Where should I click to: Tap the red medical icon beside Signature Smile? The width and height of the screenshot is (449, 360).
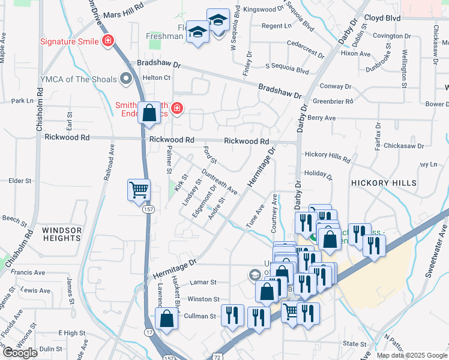pyautogui.click(x=108, y=41)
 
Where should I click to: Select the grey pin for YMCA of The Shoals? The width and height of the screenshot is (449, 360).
pyautogui.click(x=125, y=78)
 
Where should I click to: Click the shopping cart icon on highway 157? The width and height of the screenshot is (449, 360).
pyautogui.click(x=139, y=190)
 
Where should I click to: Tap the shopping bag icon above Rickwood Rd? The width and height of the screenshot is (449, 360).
pyautogui.click(x=149, y=112)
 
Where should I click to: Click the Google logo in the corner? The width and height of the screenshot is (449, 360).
pyautogui.click(x=20, y=353)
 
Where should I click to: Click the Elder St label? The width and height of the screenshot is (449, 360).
pyautogui.click(x=20, y=181)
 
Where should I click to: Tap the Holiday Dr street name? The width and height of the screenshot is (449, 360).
pyautogui.click(x=318, y=175)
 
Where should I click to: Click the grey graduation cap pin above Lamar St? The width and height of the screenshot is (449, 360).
pyautogui.click(x=255, y=275)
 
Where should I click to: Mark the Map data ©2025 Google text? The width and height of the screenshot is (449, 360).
pyautogui.click(x=412, y=355)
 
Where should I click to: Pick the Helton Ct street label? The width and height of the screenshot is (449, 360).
pyautogui.click(x=156, y=77)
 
